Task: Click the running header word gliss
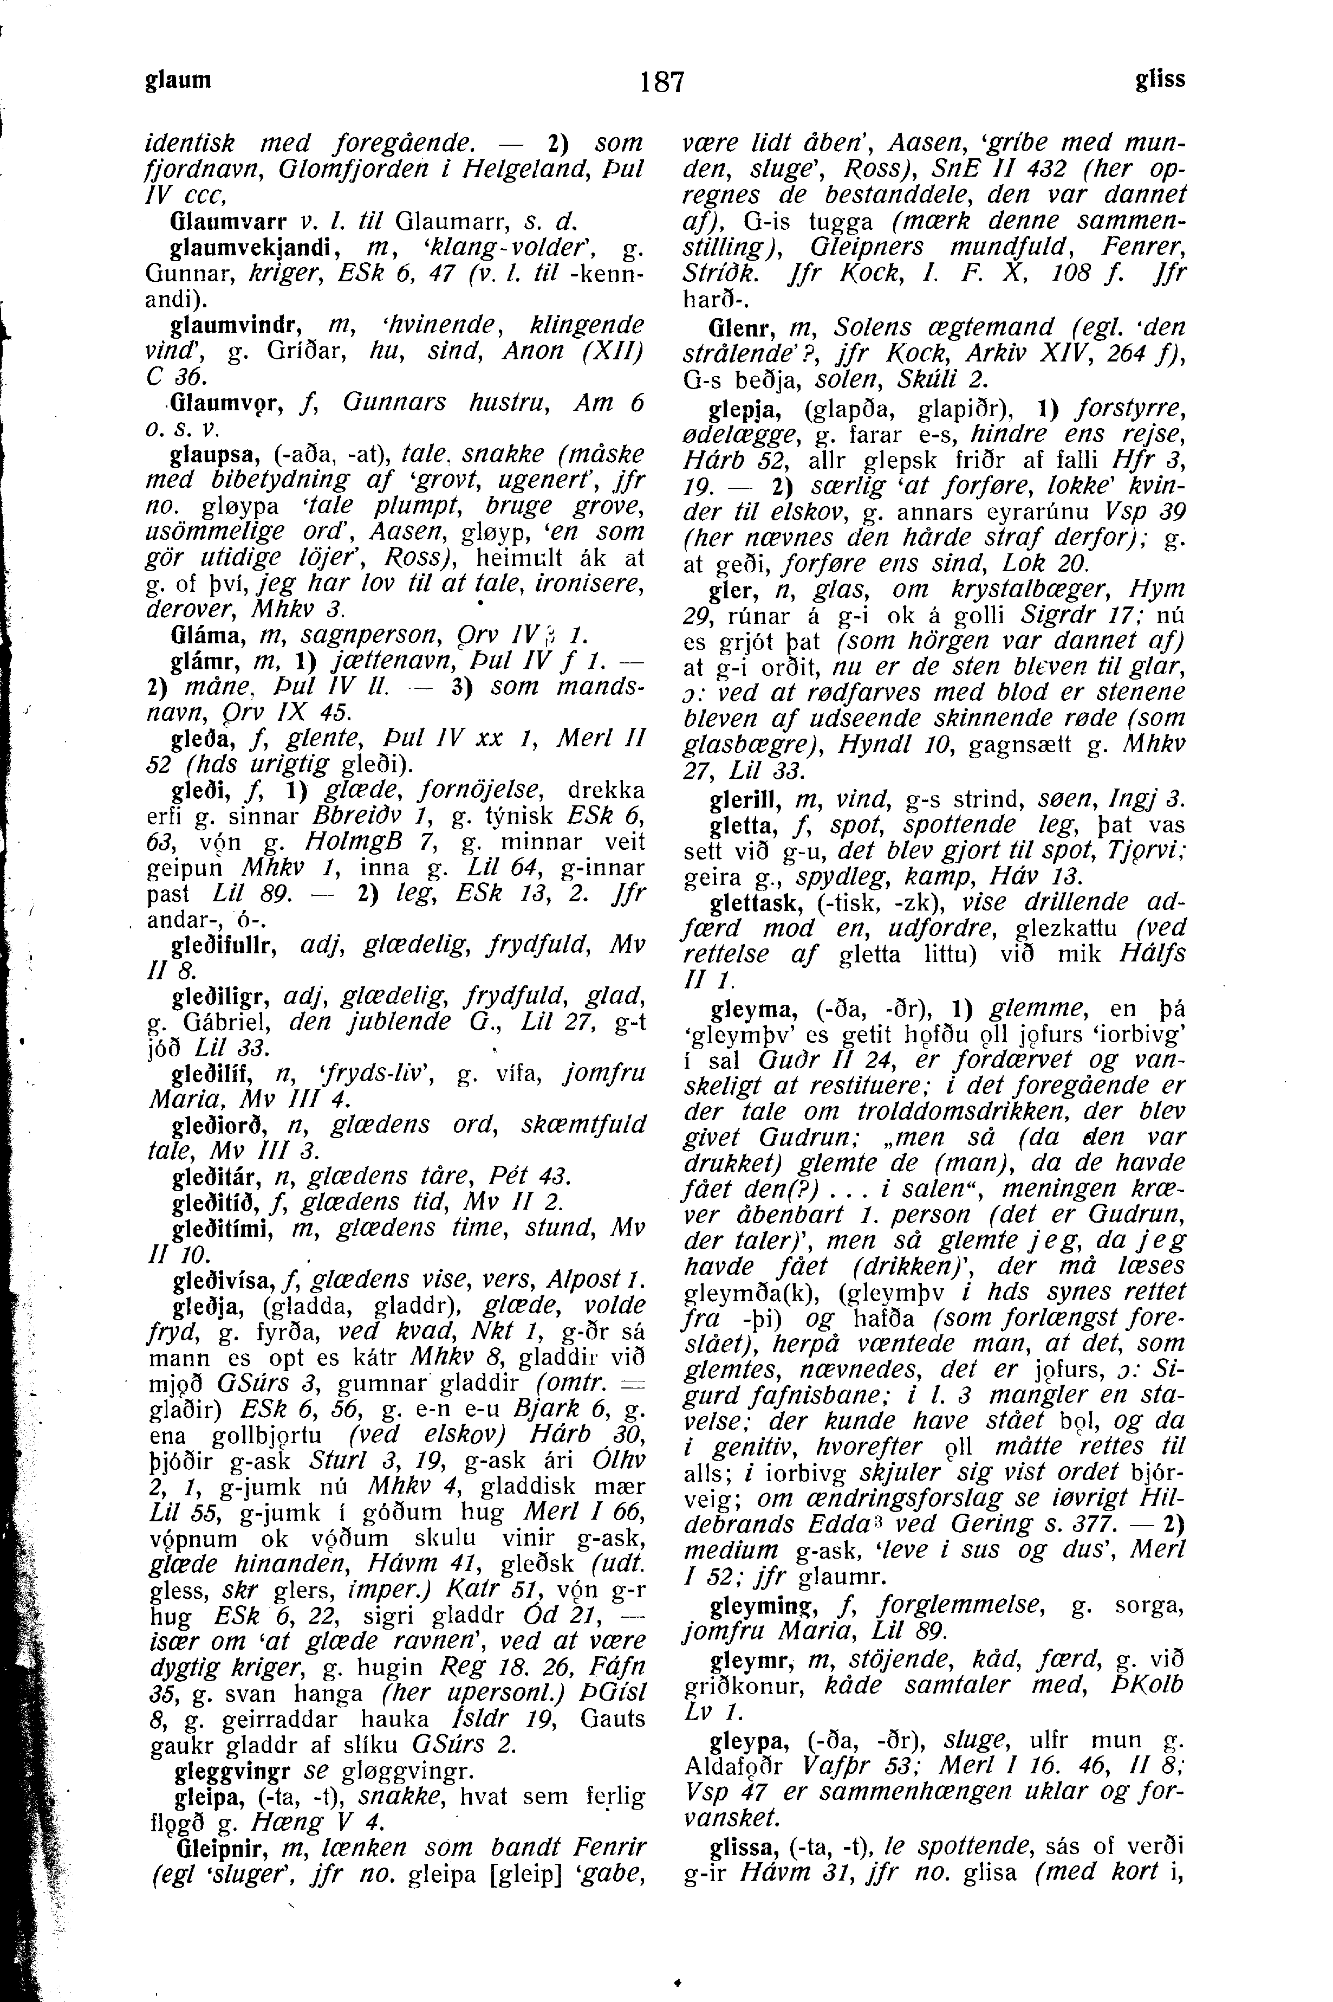pos(1160,80)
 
